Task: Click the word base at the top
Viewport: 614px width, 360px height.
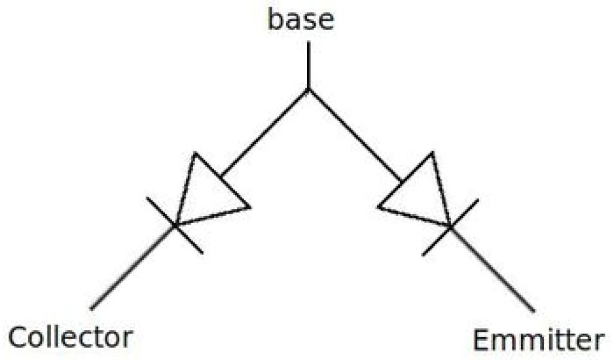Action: (300, 20)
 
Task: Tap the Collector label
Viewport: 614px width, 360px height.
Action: (70, 338)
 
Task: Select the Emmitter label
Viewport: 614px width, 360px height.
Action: (537, 341)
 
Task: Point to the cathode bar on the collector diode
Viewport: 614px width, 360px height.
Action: (174, 225)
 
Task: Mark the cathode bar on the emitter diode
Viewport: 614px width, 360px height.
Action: (450, 226)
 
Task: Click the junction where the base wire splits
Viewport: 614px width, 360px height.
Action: (308, 89)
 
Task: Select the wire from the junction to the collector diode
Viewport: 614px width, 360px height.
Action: (264, 133)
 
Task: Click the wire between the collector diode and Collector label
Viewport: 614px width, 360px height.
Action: (132, 268)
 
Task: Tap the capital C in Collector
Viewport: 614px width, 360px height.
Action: (19, 338)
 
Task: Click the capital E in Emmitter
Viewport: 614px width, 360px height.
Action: (483, 341)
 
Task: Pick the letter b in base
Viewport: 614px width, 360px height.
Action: (276, 19)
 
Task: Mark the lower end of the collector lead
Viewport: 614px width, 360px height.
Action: (92, 308)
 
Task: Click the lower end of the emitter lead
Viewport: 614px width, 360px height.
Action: (532, 310)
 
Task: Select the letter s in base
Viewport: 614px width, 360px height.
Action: (310, 22)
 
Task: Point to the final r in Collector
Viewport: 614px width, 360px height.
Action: (126, 340)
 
